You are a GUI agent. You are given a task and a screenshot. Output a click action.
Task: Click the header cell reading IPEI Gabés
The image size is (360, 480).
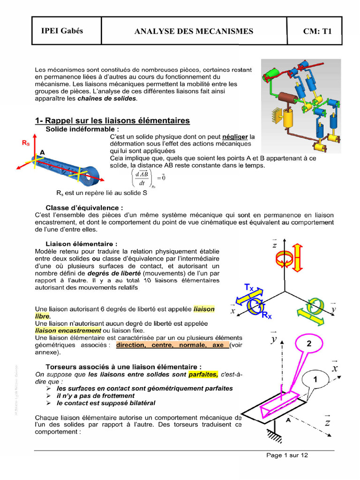pos(62,31)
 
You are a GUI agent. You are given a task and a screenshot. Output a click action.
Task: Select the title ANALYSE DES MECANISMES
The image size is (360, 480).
pos(194,31)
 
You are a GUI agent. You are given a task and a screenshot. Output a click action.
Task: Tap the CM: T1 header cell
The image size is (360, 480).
pos(317,31)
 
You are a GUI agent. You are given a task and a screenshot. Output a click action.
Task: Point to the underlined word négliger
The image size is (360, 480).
pos(235,136)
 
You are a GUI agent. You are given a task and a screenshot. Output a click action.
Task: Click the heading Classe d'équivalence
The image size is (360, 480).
pos(84,207)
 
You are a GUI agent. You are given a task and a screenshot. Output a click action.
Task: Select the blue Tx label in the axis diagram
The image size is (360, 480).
pos(249,287)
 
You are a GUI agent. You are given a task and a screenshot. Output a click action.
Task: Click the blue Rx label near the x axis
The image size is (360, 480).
pos(266,316)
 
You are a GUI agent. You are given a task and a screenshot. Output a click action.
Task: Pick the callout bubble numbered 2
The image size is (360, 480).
pos(309,344)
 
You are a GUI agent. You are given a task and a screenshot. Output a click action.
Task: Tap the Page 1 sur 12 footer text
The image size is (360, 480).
pos(287,455)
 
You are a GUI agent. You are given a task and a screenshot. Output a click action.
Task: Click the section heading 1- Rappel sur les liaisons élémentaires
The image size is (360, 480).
pos(112,121)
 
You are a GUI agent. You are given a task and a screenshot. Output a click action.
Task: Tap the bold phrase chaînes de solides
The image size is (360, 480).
pos(107,99)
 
